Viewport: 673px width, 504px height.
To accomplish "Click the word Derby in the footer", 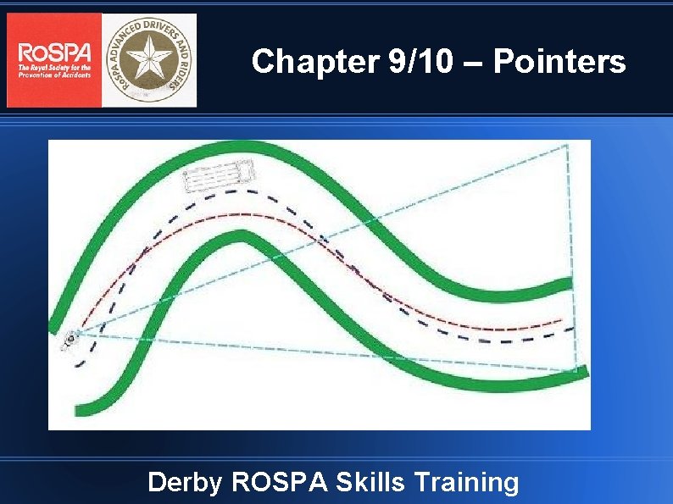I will click(184, 482).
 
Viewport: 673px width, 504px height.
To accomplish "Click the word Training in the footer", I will click(466, 482).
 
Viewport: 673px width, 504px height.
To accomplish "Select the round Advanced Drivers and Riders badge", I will click(149, 60).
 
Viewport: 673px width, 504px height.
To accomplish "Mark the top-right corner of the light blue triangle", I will click(567, 146).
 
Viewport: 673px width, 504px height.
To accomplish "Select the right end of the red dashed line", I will click(561, 321).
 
